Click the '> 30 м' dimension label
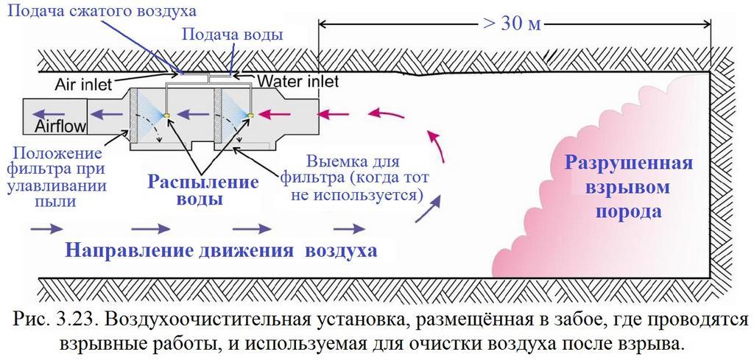512,24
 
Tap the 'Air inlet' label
85,83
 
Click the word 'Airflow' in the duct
61,127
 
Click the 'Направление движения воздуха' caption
221,250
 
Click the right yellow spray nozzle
251,114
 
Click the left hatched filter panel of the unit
134,117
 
